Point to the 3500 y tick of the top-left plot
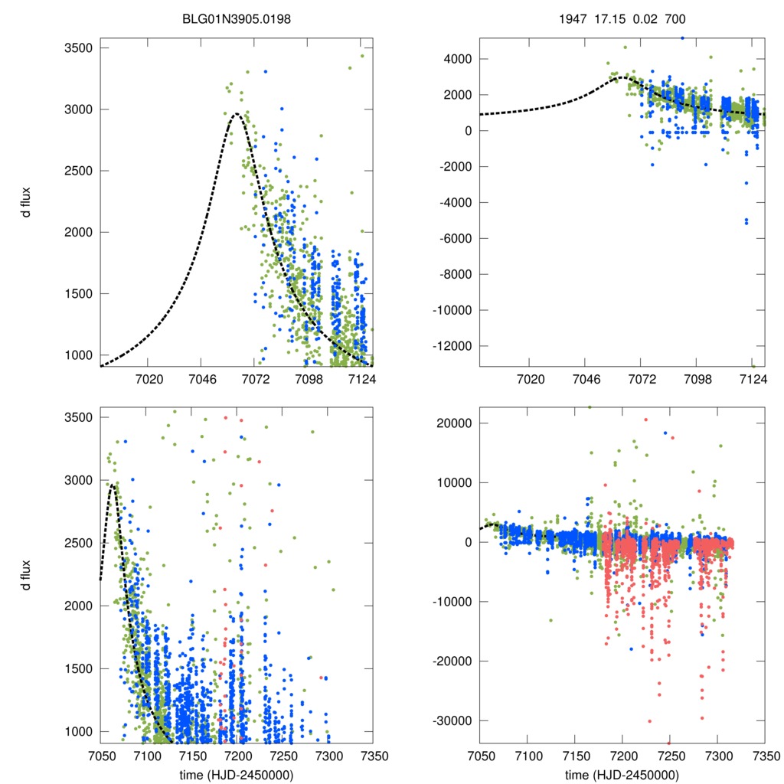[77, 48]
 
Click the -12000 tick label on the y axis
[452, 346]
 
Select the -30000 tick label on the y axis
[452, 720]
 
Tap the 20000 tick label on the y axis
[456, 423]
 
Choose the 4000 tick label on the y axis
[459, 59]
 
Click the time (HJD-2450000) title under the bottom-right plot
[622, 775]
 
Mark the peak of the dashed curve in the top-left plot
[237, 114]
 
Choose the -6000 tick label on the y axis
[456, 238]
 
